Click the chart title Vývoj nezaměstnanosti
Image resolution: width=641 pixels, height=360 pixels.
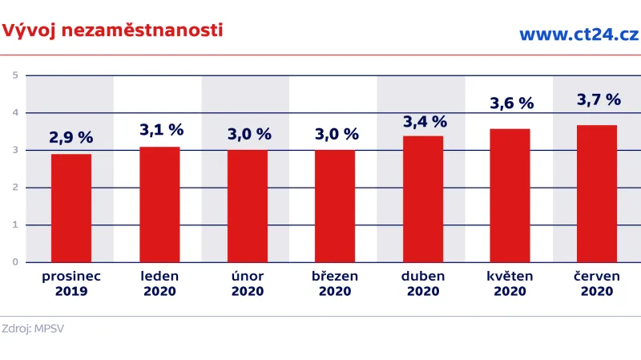coord(111,30)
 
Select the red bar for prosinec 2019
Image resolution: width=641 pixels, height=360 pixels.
coord(71,208)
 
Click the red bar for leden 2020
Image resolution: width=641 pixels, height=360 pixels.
coord(159,204)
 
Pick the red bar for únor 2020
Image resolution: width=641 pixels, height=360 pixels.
coord(248,206)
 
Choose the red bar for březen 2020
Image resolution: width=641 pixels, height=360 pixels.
coord(335,206)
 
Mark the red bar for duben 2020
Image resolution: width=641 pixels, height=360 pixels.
coord(423,199)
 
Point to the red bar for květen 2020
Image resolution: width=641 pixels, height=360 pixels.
coord(510,195)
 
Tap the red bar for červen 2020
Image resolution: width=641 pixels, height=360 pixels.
coord(598,193)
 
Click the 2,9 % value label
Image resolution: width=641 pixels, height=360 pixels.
coord(71,137)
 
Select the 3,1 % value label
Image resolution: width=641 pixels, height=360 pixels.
coord(161,129)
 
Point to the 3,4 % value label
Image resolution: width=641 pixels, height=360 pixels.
coord(424,122)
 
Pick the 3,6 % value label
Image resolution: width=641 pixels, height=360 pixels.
coord(511,103)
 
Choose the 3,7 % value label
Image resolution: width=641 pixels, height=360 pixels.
coord(599,100)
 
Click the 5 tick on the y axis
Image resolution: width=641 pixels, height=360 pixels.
coord(15,76)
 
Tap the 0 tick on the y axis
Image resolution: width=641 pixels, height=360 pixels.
coord(15,262)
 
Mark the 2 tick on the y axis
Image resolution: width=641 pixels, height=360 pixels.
coord(15,188)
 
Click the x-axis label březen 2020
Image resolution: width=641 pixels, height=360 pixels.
coord(335,284)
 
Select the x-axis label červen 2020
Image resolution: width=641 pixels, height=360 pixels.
coord(598,284)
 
